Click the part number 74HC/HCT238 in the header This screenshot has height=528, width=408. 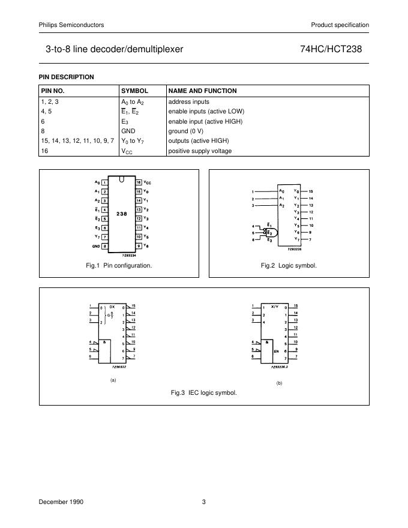(335, 49)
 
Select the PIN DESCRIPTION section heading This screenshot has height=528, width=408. (67, 77)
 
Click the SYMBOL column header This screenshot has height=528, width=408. (135, 91)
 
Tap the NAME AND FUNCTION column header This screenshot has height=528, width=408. (202, 91)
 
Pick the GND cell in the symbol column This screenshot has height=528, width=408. (129, 130)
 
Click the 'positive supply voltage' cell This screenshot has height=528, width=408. (200, 151)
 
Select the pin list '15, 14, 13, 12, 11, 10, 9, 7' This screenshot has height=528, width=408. (77, 140)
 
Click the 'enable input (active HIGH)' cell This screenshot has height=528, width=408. (205, 121)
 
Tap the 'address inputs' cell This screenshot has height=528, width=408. (188, 102)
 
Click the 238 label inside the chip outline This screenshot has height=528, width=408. (122, 214)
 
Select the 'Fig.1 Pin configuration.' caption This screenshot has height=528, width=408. (119, 265)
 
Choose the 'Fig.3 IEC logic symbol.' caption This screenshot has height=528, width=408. (204, 393)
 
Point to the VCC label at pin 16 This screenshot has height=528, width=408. (147, 182)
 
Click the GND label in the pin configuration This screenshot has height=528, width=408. (96, 246)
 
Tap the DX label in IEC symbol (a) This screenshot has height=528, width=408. (112, 306)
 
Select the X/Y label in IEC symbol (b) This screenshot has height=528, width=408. (275, 306)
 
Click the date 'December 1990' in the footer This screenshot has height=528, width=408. (61, 501)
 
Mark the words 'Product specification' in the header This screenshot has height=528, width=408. (340, 25)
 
